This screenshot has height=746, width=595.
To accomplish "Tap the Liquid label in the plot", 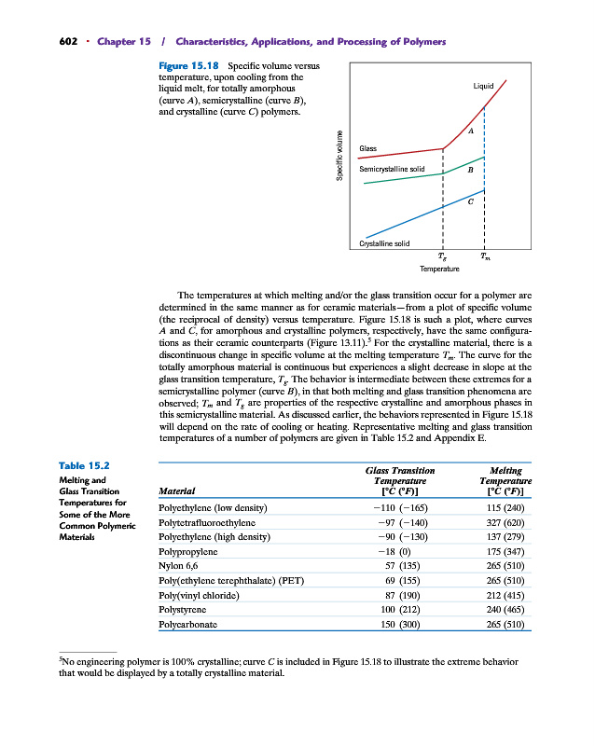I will tap(483, 87).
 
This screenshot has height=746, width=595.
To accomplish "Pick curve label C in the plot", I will tap(471, 200).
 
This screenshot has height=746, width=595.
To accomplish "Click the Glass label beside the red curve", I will tap(367, 149).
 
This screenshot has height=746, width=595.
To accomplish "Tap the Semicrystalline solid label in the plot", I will tap(392, 169).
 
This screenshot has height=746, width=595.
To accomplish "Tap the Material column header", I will tap(178, 490).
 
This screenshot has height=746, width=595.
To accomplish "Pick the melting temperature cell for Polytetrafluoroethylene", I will tap(505, 523).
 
